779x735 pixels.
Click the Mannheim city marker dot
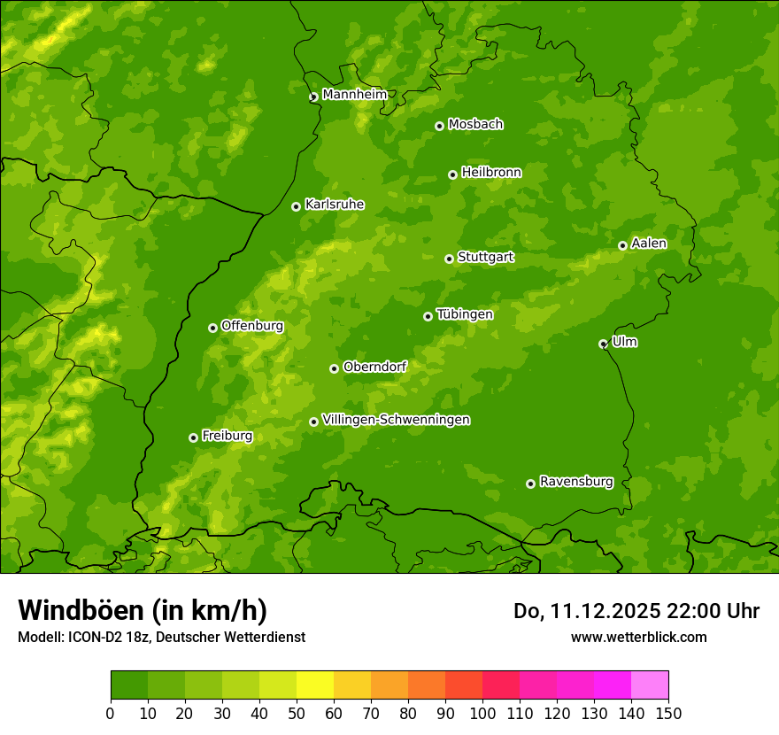point(313,97)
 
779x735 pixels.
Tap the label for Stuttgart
point(485,257)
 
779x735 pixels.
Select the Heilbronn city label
point(491,173)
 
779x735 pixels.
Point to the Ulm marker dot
point(603,344)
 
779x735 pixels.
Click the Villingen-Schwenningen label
point(396,420)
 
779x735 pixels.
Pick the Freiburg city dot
point(193,437)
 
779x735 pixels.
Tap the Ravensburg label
point(575,482)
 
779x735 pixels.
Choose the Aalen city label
point(649,244)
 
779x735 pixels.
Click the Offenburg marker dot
point(212,328)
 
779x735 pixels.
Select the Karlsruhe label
point(334,205)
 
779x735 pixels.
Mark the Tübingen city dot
point(428,316)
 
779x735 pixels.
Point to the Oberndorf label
point(374,367)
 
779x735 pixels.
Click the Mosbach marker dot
point(439,126)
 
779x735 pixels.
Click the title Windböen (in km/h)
point(142,610)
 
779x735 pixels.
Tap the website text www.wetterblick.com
point(638,637)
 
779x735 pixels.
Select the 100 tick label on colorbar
point(482,713)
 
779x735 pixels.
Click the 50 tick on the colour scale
point(297,713)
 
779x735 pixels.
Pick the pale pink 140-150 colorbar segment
point(649,685)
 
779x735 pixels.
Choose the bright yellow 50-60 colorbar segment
point(314,685)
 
